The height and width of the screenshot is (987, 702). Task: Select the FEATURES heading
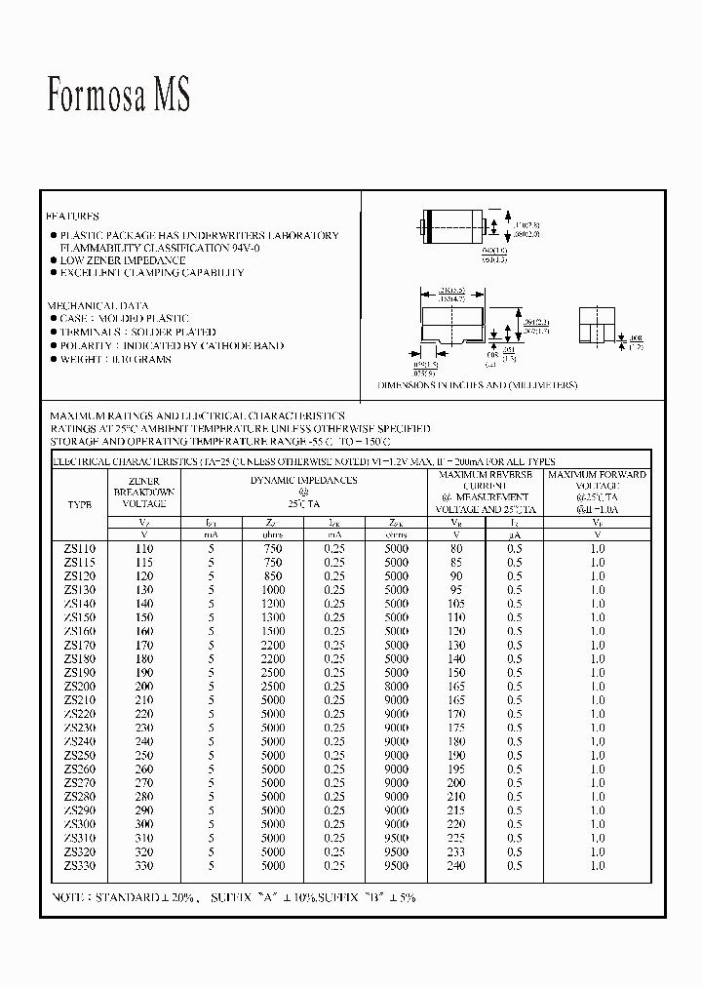[x=73, y=216]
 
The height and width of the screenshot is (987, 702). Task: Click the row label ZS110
[x=81, y=549]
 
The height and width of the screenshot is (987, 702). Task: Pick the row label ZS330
[x=81, y=865]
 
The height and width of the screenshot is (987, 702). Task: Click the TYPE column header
[x=80, y=505]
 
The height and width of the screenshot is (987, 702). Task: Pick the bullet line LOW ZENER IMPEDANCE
[x=123, y=260]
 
